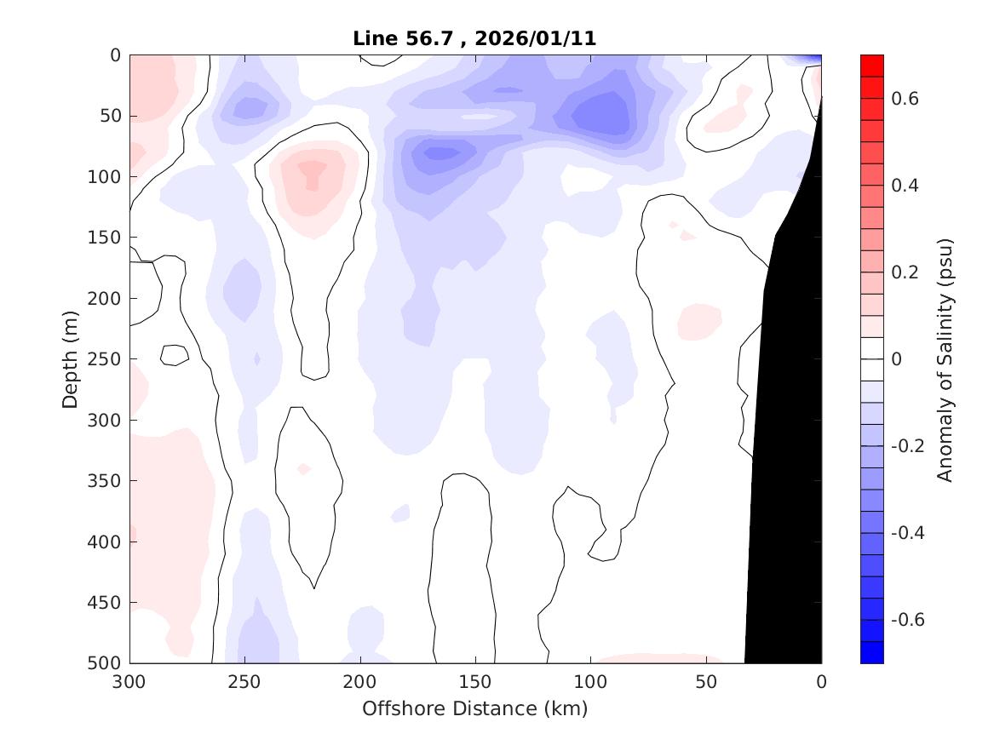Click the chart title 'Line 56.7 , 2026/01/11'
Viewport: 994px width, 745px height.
tap(474, 38)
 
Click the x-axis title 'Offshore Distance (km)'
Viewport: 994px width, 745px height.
tap(474, 708)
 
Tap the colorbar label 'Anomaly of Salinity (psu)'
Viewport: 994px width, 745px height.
tap(945, 359)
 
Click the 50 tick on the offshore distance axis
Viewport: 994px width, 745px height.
tap(706, 681)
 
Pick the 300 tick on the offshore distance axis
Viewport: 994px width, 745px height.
tap(129, 681)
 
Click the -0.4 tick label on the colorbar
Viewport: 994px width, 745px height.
tap(910, 532)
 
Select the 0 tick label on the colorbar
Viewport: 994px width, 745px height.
tap(896, 359)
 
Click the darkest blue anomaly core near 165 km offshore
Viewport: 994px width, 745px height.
tap(441, 153)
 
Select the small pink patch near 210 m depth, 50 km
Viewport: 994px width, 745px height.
tap(699, 320)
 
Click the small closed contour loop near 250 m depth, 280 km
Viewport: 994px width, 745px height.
tap(175, 355)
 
